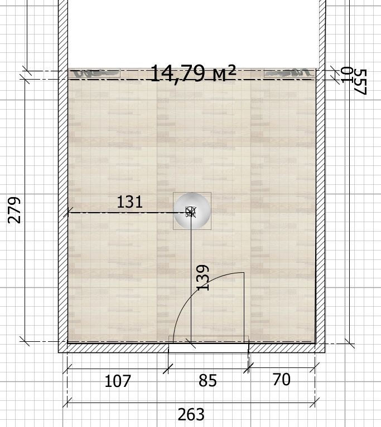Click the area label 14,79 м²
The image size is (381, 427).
pos(192,73)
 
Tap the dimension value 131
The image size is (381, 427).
pos(129,202)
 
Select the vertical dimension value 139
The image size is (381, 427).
pos(203,277)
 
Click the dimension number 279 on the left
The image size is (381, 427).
pos(14,210)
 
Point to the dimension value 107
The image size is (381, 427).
pos(118,381)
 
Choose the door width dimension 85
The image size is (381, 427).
pos(208,380)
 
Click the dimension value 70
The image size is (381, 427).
pos(281,379)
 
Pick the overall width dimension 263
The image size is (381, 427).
pos(191,414)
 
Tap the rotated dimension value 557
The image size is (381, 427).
pos(360,82)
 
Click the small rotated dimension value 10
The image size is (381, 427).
pos(347,75)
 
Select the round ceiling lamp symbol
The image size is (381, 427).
pos(192,211)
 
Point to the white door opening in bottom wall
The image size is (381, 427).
pos(209,348)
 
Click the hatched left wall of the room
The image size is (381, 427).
pos(63,174)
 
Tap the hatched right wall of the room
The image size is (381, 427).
pos(320,174)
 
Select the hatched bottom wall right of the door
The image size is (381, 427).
pos(287,348)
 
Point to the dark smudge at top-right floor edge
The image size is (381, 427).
pos(290,73)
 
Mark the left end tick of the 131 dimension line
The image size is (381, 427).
pos(68,212)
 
